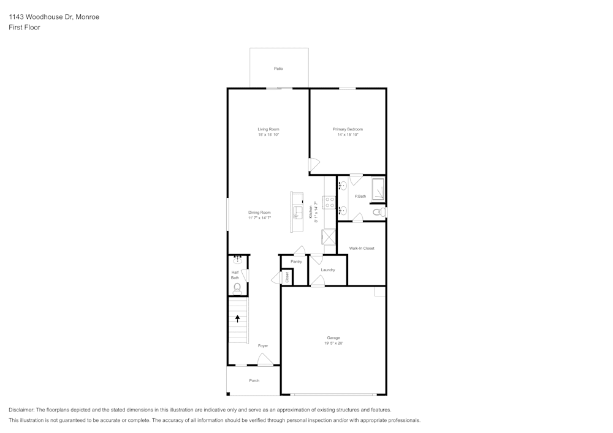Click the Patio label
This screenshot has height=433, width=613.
(278, 69)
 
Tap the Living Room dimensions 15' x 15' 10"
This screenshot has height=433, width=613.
(268, 135)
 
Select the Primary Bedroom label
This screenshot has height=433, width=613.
(348, 129)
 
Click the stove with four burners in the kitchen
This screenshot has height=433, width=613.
(329, 203)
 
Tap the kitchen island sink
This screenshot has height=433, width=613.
(297, 212)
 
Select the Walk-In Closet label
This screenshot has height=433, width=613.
(362, 248)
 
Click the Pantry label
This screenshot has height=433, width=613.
(296, 262)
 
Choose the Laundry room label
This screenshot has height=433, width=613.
(327, 269)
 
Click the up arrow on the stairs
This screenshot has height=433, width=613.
(238, 318)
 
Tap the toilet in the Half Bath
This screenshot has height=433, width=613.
(237, 287)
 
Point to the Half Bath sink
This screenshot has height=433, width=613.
(238, 261)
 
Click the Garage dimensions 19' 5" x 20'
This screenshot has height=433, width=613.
(333, 344)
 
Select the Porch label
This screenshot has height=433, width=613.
(254, 381)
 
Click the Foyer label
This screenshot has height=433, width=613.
(263, 346)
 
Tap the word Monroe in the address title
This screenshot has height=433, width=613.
(87, 17)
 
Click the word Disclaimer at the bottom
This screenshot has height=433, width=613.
(21, 410)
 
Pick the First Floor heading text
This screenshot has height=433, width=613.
(25, 28)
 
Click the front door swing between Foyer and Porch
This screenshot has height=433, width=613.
(265, 362)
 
